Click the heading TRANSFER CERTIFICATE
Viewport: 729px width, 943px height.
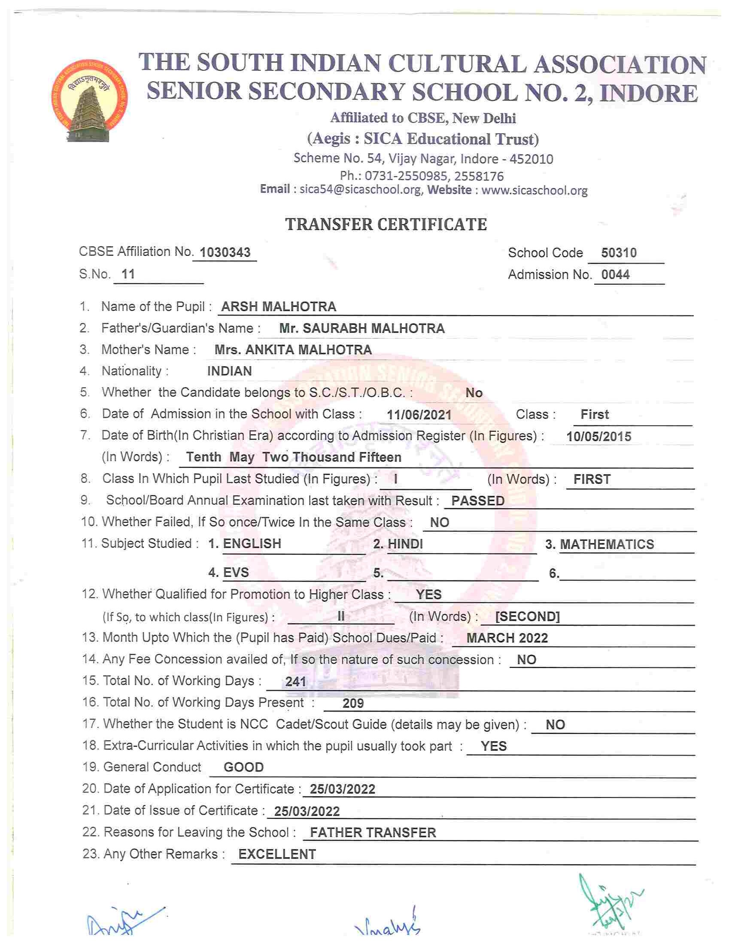tap(386, 224)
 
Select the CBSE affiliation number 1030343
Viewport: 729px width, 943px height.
tap(225, 252)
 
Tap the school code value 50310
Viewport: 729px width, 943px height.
tap(618, 253)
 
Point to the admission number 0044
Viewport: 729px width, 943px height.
tap(615, 275)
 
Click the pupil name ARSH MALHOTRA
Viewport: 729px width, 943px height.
tap(279, 307)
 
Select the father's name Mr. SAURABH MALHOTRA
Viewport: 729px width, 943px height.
tap(361, 329)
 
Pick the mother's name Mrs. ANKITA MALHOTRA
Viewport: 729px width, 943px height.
tap(293, 350)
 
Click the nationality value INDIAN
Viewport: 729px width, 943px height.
tap(229, 371)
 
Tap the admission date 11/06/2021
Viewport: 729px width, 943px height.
tap(419, 415)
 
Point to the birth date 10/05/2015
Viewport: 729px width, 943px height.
tap(598, 437)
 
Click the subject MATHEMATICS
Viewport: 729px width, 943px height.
tap(607, 545)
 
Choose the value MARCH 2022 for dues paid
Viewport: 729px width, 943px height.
tap(507, 638)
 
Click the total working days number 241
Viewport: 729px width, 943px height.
tap(296, 682)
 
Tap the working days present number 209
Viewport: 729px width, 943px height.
tap(353, 703)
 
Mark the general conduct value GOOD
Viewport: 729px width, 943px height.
tap(243, 767)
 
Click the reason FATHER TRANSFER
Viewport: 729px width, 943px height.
tap(373, 832)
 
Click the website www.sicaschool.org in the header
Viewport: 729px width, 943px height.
tap(534, 191)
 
